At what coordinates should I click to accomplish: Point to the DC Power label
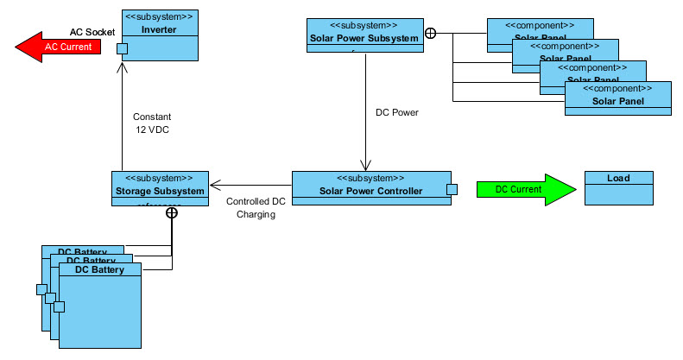(397, 113)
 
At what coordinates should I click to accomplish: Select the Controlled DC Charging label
(255, 208)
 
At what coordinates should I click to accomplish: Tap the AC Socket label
(92, 32)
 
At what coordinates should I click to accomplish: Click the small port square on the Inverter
(123, 47)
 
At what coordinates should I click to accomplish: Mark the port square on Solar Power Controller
(451, 190)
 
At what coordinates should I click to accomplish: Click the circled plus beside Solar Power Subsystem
(430, 35)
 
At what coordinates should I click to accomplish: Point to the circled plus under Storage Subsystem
(172, 212)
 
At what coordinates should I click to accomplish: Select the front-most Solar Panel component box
(617, 98)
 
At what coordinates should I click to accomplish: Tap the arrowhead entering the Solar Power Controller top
(366, 167)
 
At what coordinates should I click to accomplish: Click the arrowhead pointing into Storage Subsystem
(214, 184)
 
